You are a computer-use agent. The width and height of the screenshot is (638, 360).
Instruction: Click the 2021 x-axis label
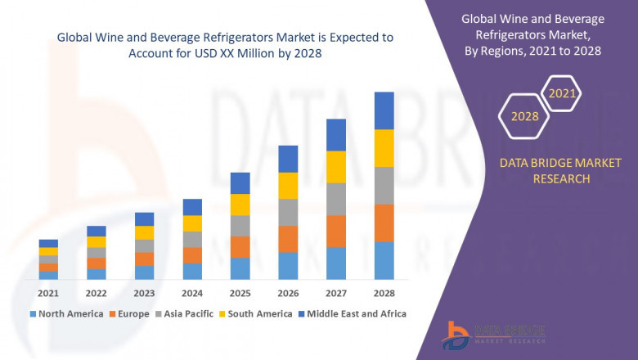(48, 293)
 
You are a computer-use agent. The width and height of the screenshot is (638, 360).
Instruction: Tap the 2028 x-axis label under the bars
(384, 293)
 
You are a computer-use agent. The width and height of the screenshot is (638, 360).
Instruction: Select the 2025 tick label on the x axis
(240, 293)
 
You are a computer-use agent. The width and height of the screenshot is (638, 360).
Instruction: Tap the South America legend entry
(257, 313)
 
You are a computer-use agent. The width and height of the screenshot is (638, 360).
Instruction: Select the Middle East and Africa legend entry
(353, 313)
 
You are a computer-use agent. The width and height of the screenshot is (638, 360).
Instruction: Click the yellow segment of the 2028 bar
(384, 148)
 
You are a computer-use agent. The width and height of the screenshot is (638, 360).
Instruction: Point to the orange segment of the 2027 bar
(336, 232)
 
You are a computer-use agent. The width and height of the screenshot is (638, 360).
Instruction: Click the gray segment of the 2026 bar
(288, 212)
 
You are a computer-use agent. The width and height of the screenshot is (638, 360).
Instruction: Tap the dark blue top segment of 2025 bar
(240, 182)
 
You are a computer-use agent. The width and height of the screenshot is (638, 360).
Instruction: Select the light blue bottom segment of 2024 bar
(192, 272)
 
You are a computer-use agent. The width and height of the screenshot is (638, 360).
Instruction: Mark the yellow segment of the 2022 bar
(97, 241)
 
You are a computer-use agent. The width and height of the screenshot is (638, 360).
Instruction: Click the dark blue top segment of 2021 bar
(48, 243)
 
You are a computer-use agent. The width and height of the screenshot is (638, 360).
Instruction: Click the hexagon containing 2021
(562, 94)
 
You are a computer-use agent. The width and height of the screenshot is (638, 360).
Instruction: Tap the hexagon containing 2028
(524, 116)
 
